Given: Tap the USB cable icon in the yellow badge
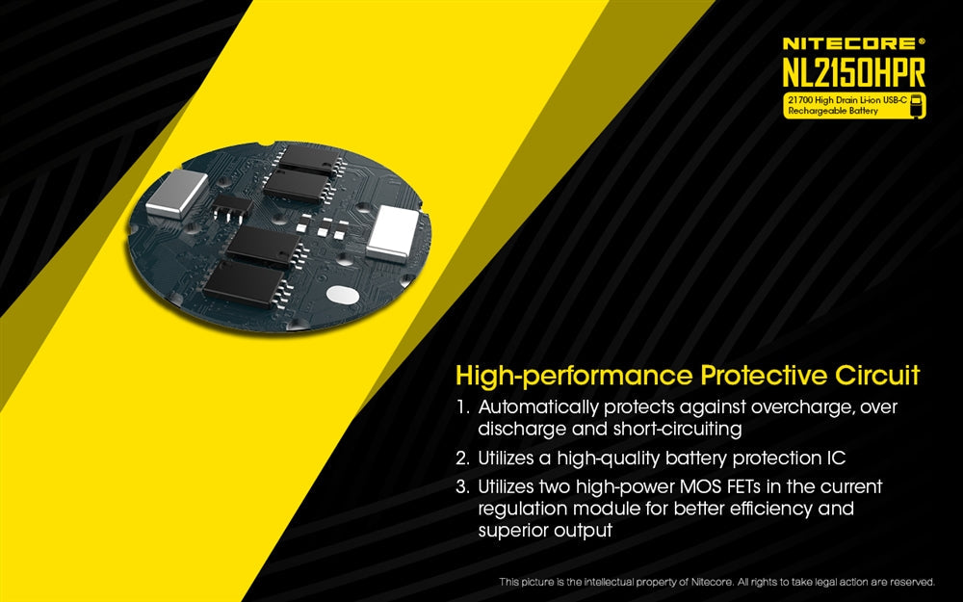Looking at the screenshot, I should (917, 106).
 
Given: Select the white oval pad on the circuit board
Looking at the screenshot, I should (344, 296).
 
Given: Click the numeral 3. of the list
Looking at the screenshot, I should (463, 486).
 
